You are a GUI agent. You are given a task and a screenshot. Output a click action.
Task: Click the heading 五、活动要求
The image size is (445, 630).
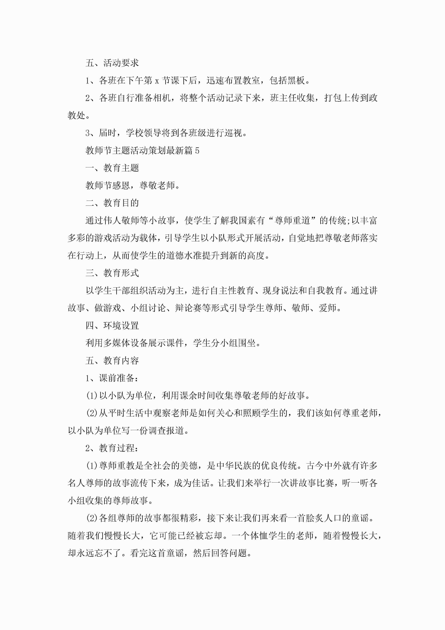(112, 63)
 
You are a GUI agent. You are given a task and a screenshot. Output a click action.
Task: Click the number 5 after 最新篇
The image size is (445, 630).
(197, 151)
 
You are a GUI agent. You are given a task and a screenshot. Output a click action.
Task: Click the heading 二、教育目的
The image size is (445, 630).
(112, 203)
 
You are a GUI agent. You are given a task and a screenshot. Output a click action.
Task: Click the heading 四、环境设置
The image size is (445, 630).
(112, 326)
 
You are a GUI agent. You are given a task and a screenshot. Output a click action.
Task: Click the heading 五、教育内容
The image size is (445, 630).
(112, 361)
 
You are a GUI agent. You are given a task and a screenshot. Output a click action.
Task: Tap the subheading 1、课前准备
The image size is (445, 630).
(112, 378)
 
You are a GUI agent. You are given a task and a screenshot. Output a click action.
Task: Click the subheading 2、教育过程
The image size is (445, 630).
(112, 448)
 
